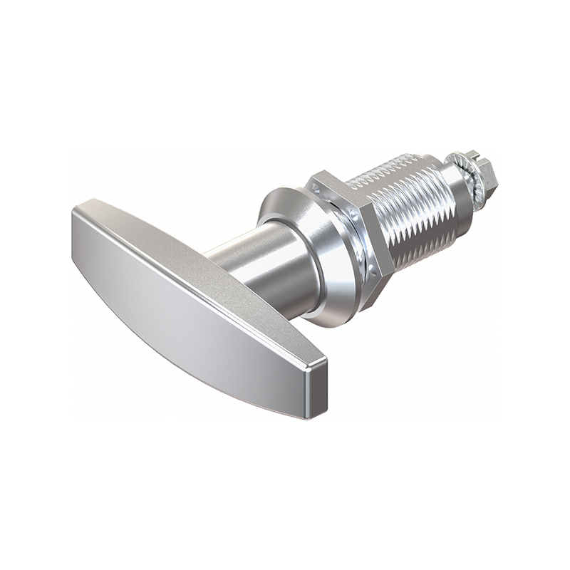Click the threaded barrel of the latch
(x=413, y=214)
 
